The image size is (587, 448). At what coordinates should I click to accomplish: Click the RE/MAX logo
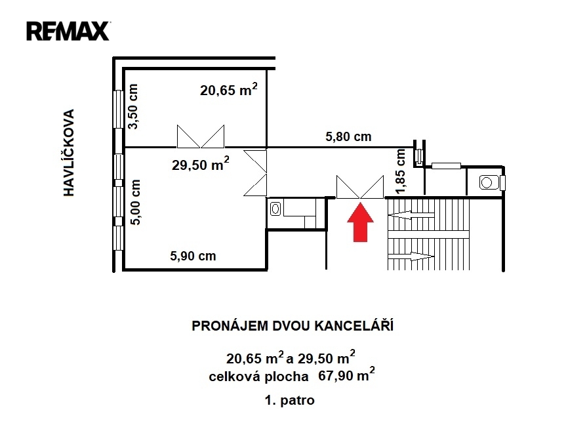coord(68,31)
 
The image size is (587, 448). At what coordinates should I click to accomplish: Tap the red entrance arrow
coord(360,222)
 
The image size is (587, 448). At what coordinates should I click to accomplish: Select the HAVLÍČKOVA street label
coord(69,152)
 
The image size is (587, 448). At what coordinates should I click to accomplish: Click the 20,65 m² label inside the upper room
coord(229,90)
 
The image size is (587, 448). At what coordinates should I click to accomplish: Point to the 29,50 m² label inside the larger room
coord(201,164)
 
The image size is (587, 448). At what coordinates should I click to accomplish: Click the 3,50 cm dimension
coord(133,106)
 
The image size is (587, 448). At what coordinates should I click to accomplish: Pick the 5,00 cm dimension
coord(135,202)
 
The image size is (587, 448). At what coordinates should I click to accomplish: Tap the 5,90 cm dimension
coord(193,256)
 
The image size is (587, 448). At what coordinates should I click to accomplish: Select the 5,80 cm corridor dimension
coord(348,136)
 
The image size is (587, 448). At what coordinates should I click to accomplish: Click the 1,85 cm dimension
coord(401,171)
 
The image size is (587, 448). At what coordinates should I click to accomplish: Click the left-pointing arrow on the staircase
coord(411,215)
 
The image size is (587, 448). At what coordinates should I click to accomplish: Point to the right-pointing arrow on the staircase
coord(411,256)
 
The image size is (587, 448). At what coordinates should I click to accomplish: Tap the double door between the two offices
coord(201,136)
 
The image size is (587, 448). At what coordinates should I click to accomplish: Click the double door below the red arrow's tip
coord(360,187)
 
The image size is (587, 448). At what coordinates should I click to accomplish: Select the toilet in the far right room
coord(490,182)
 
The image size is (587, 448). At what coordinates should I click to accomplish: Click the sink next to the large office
coord(275,209)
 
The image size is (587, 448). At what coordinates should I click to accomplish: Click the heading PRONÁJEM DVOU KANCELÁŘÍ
coord(293,325)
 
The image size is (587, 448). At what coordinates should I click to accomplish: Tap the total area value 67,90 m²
coord(347,375)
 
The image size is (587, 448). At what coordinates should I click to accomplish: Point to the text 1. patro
coord(290,401)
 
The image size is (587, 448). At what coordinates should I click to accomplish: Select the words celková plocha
coord(258,376)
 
